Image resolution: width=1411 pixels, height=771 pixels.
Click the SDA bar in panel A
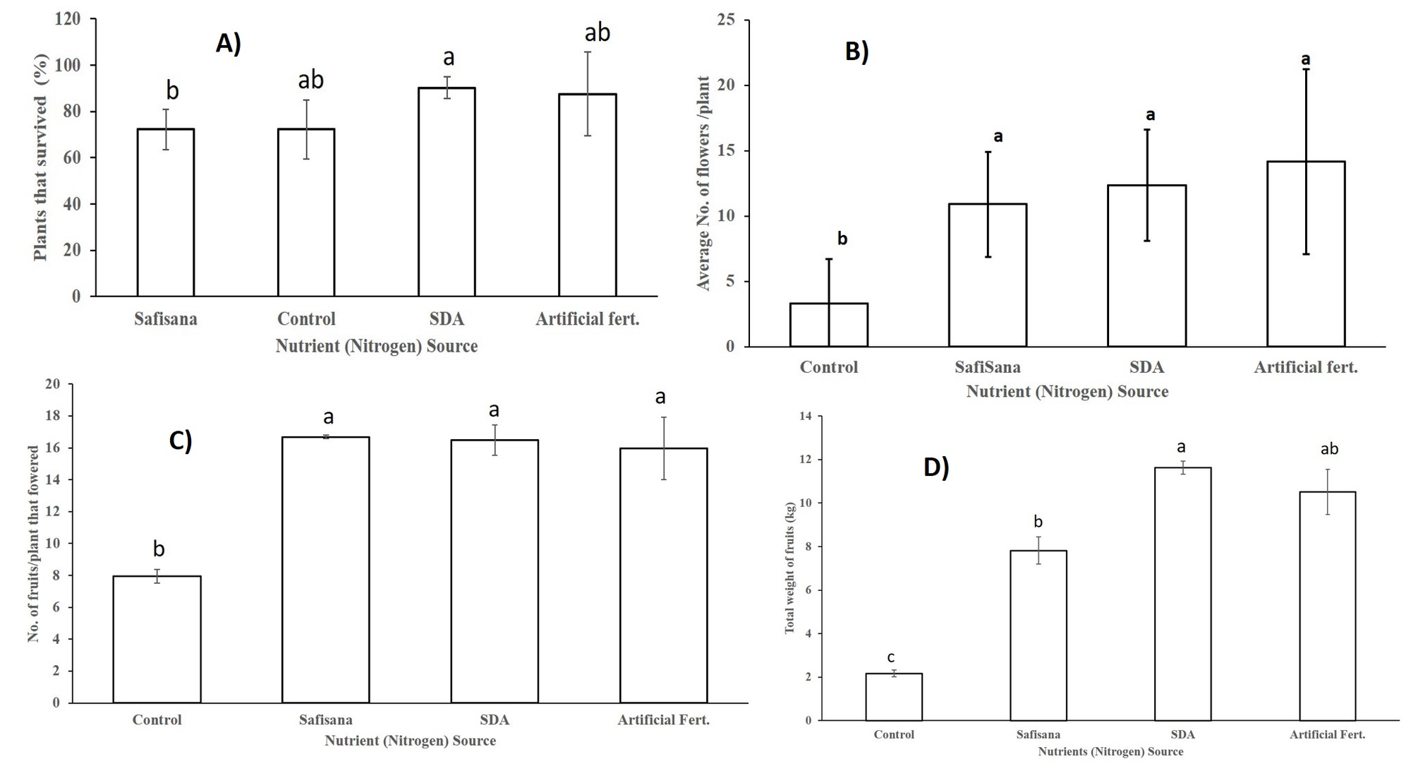[x=447, y=192]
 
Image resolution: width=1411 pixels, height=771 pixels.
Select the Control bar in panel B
[x=828, y=325]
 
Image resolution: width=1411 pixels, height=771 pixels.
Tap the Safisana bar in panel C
[x=325, y=570]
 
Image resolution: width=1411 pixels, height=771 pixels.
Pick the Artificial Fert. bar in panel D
[x=1327, y=606]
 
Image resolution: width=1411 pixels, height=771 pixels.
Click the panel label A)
[x=229, y=44]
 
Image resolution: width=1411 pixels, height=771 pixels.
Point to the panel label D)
[x=936, y=467]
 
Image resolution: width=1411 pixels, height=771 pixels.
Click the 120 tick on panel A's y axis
[x=68, y=19]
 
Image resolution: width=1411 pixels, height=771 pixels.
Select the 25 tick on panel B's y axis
[x=725, y=20]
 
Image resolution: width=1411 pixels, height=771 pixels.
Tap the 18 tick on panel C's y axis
[x=53, y=417]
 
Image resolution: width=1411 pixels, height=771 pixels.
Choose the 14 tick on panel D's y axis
[x=804, y=417]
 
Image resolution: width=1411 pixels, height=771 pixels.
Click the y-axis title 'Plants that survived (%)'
[x=41, y=157]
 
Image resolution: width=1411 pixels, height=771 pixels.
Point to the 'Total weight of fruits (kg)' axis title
[x=789, y=568]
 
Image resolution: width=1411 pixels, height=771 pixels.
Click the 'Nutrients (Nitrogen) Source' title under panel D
[x=1110, y=752]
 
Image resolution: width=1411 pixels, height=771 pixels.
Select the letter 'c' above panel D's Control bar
[x=890, y=658]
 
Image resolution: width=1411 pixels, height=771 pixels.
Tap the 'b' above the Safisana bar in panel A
[x=172, y=90]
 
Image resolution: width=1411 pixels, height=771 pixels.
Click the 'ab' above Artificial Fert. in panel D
[x=1329, y=449]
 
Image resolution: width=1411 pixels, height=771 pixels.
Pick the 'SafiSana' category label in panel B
[x=987, y=367]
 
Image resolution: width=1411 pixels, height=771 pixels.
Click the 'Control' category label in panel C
[x=157, y=720]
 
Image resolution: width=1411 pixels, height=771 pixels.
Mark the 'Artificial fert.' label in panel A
[x=587, y=319]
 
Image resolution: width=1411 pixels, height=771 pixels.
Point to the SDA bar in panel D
[x=1182, y=594]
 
